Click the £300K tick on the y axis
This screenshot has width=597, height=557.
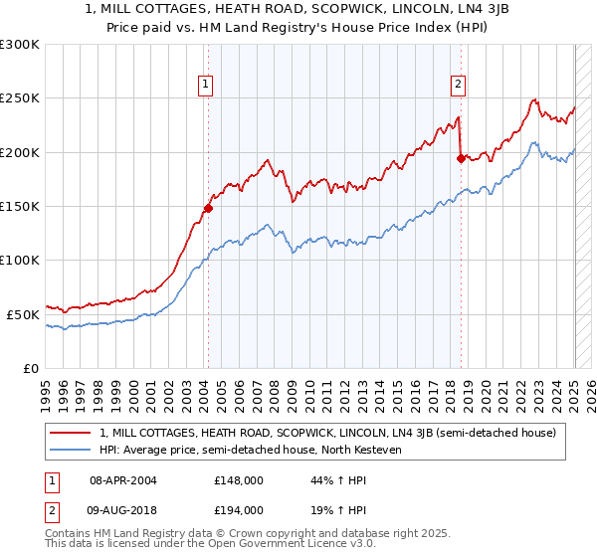point(20,45)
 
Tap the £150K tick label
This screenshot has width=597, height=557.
point(20,207)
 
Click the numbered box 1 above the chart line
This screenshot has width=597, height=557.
point(205,86)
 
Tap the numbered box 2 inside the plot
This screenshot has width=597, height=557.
point(459,86)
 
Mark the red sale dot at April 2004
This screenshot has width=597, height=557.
point(208,209)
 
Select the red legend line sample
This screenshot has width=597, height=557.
point(71,433)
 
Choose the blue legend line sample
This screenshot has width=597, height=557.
point(71,451)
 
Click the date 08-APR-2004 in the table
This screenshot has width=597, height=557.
point(123,480)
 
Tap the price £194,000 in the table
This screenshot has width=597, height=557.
point(238,509)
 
